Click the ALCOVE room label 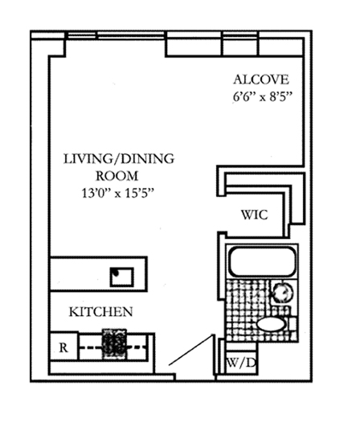click(261, 80)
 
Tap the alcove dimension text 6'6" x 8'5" click(263, 96)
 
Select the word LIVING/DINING click(119, 159)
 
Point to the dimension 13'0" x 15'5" click(118, 193)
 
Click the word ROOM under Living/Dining click(117, 176)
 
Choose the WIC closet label click(255, 215)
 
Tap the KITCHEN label click(101, 312)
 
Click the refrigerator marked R click(63, 347)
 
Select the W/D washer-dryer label click(241, 363)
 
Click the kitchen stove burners click(114, 344)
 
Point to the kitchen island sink click(122, 277)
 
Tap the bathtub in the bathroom click(262, 261)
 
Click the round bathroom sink click(283, 293)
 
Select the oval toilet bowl click(271, 324)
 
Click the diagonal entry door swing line click(190, 350)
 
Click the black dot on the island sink click(116, 273)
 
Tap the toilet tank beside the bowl click(292, 324)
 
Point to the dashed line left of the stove click(90, 347)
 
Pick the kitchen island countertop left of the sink click(80, 273)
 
